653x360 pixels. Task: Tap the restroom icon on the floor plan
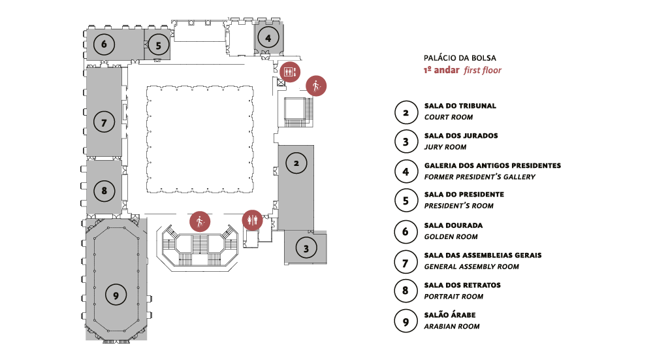pyautogui.click(x=252, y=220)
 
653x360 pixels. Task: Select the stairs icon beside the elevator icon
pyautogui.click(x=316, y=86)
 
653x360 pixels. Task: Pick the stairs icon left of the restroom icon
pyautogui.click(x=200, y=221)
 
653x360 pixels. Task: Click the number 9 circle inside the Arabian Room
pyautogui.click(x=116, y=295)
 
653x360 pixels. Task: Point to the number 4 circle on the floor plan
pyautogui.click(x=268, y=38)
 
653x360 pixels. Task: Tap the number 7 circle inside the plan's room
pyautogui.click(x=104, y=121)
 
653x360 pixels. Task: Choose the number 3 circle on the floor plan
pyautogui.click(x=306, y=248)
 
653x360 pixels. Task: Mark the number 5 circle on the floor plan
pyautogui.click(x=158, y=45)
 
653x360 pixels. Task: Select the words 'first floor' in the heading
pyautogui.click(x=483, y=70)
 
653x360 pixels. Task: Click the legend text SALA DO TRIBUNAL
pyautogui.click(x=460, y=106)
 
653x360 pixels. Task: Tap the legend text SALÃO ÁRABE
pyautogui.click(x=450, y=315)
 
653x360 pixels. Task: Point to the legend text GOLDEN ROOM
pyautogui.click(x=451, y=237)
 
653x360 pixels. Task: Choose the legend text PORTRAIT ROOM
pyautogui.click(x=454, y=296)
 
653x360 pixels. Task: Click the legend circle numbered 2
pyautogui.click(x=406, y=112)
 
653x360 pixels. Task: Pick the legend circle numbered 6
pyautogui.click(x=406, y=231)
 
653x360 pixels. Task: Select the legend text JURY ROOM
pyautogui.click(x=445, y=147)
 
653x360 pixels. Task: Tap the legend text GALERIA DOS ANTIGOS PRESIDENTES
pyautogui.click(x=492, y=166)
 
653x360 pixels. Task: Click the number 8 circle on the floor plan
pyautogui.click(x=104, y=191)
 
